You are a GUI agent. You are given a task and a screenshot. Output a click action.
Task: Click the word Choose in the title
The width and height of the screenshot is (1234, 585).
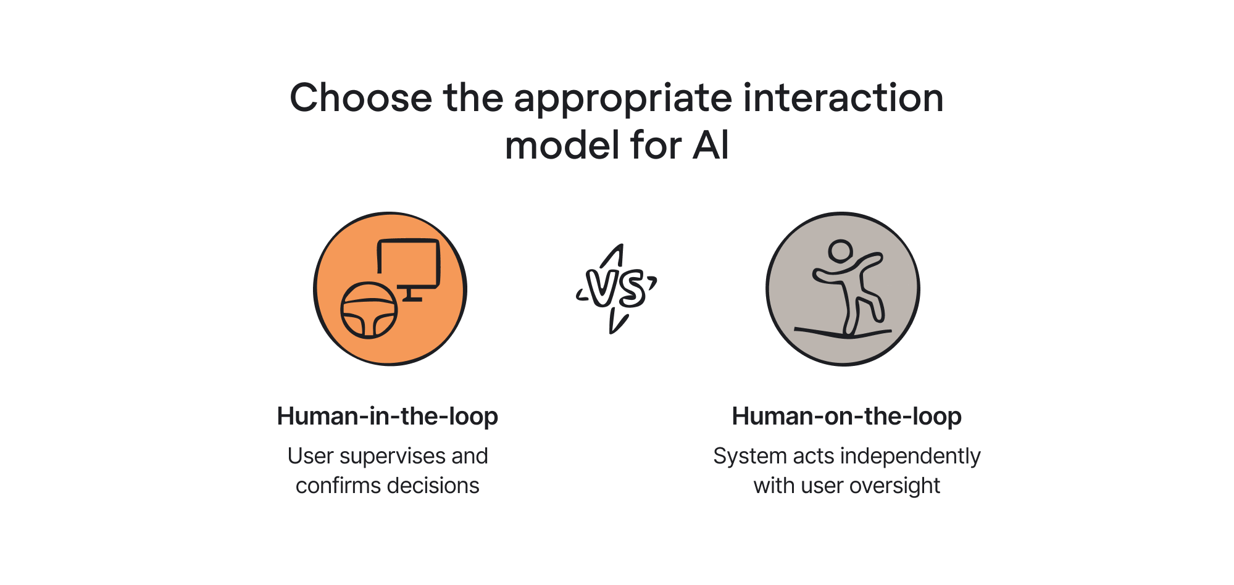(361, 99)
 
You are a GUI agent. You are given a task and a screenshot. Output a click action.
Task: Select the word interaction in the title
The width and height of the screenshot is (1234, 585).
(843, 99)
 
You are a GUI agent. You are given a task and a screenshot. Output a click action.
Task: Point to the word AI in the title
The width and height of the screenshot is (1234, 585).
(711, 146)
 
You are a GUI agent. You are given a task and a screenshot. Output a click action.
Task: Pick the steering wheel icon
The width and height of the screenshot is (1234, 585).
(369, 310)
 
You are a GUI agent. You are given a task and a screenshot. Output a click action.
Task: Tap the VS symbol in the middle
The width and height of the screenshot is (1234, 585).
(615, 289)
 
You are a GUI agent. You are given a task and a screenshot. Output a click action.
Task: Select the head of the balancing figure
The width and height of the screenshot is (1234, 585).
(840, 251)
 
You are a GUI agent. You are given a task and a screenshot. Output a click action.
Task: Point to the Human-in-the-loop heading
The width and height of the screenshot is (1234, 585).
(387, 417)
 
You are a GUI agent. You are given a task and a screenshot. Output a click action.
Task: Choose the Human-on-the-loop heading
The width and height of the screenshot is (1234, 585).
(846, 417)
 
